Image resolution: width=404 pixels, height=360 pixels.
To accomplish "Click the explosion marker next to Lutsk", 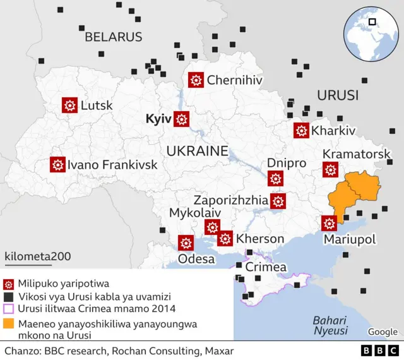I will pyautogui.click(x=69, y=105).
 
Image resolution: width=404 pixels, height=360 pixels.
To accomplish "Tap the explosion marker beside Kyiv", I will pyautogui.click(x=182, y=119).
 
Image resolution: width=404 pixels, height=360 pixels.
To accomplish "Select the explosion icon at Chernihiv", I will pyautogui.click(x=196, y=80).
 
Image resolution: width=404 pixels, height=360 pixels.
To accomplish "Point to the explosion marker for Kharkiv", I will pyautogui.click(x=301, y=131).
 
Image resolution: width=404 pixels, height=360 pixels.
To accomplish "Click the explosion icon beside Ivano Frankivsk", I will pyautogui.click(x=58, y=164).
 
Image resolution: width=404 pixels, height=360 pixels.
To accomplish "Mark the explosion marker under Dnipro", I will pyautogui.click(x=275, y=178).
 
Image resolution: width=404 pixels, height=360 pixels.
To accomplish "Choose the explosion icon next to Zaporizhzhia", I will pyautogui.click(x=278, y=201).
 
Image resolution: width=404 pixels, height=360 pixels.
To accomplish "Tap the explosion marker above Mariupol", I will pyautogui.click(x=329, y=224).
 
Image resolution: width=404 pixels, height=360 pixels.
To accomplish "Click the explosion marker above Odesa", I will pyautogui.click(x=186, y=243).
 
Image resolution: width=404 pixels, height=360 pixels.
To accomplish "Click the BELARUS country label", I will pyautogui.click(x=114, y=37).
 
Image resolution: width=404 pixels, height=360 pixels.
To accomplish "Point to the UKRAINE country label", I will pyautogui.click(x=197, y=151).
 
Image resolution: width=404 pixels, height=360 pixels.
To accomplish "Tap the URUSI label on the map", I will pyautogui.click(x=337, y=96).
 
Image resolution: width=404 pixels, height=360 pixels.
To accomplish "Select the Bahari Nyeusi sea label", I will pyautogui.click(x=331, y=325).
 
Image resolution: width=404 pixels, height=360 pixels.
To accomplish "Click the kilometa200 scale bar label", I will pyautogui.click(x=38, y=256).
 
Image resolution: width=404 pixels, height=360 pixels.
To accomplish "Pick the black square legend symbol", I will pyautogui.click(x=8, y=297).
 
